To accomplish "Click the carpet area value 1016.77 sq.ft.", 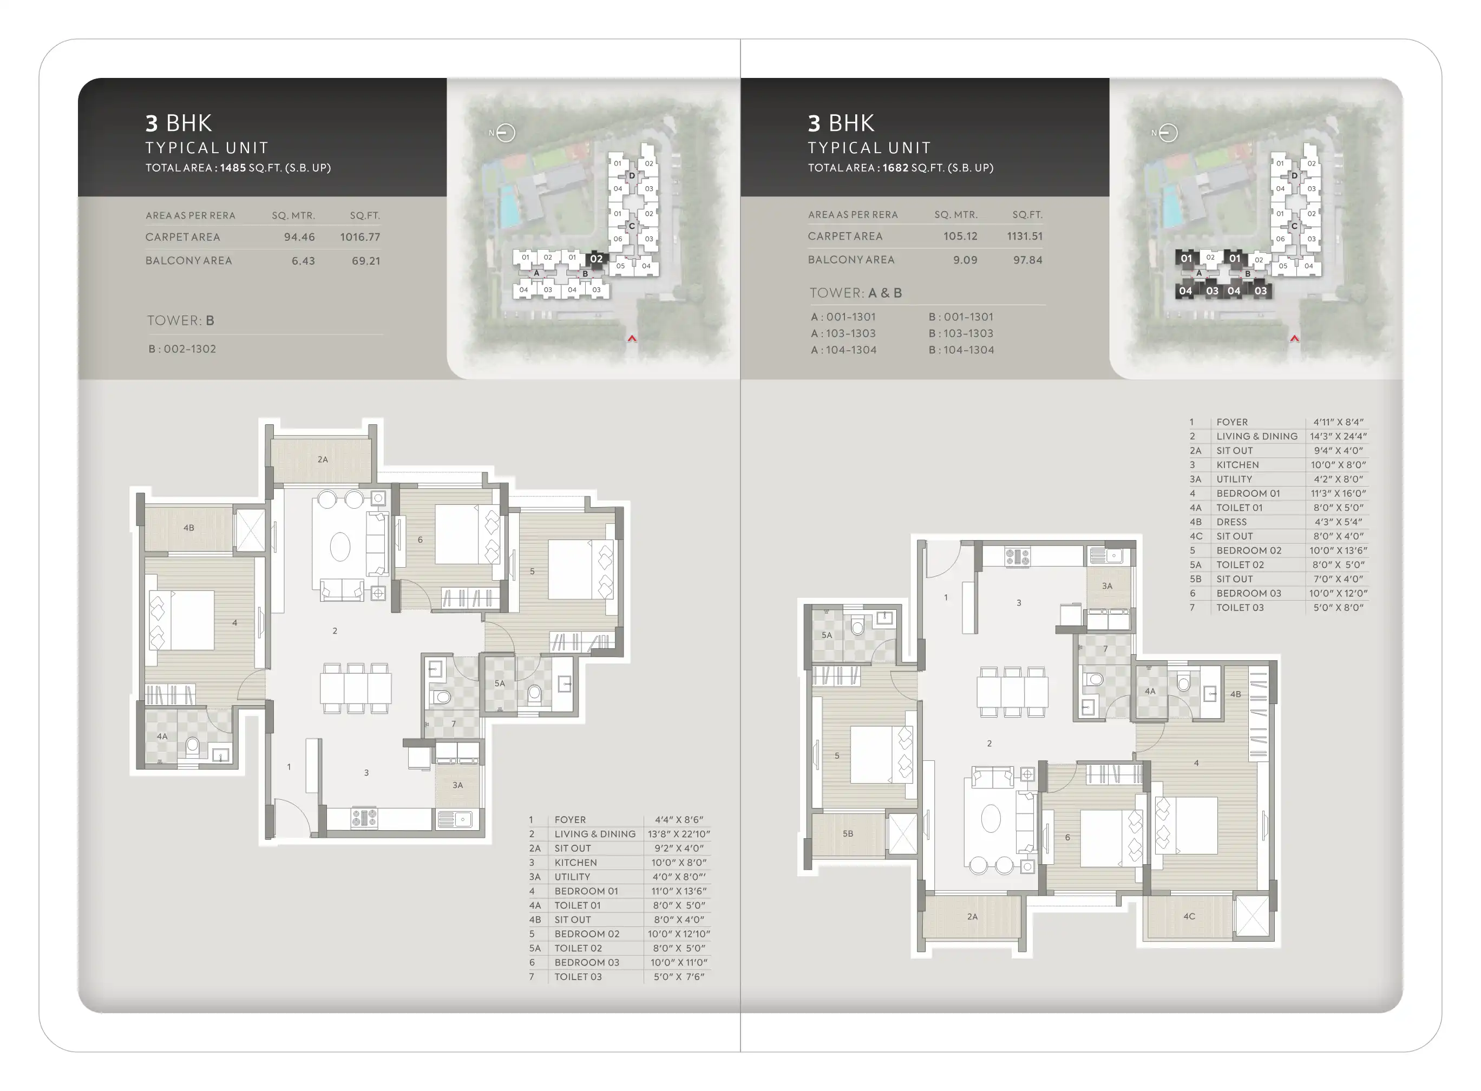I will [360, 237].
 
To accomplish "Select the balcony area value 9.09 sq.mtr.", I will [965, 260].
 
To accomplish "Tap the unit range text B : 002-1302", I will [182, 349].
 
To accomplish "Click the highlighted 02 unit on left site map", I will [597, 259].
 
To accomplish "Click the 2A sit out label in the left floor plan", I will [323, 459].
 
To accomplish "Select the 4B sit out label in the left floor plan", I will [189, 528].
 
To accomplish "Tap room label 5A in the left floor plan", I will [500, 683].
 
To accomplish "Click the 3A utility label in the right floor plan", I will [1107, 586].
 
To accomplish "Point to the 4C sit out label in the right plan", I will [1189, 917].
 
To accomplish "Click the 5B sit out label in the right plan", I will [848, 834].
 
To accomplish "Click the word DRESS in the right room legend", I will [1231, 522].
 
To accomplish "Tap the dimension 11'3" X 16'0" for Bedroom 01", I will [1338, 494].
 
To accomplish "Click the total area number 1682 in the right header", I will [895, 168].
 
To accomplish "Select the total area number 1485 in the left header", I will [233, 168].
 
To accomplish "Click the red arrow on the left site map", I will [632, 338].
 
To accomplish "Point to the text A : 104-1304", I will [843, 350].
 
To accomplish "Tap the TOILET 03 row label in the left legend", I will [578, 977].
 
